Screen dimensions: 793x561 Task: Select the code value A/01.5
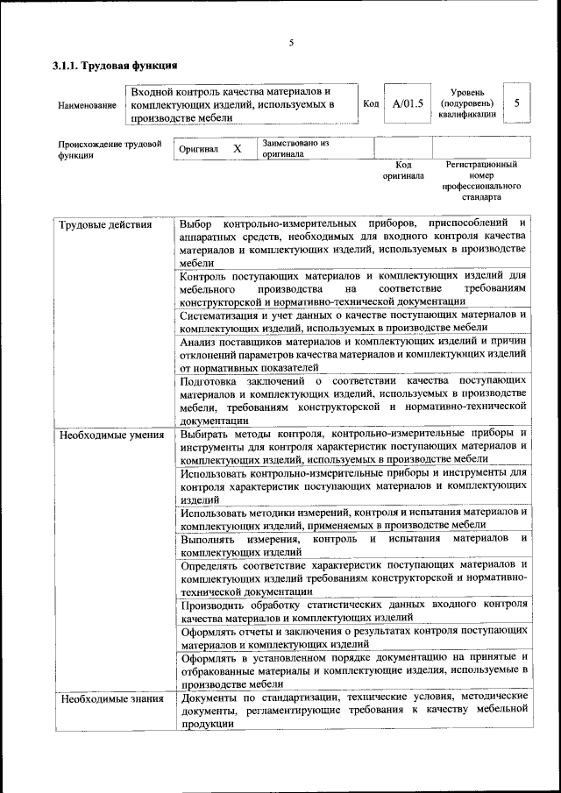coord(408,103)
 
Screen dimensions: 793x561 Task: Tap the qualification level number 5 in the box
coord(517,103)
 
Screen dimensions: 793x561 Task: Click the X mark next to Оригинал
coord(237,149)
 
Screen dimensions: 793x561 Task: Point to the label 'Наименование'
coord(87,105)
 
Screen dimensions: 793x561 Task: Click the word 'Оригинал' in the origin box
coord(198,149)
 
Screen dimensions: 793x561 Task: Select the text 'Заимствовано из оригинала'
coord(295,147)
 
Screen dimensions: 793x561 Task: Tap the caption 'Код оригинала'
coord(403,170)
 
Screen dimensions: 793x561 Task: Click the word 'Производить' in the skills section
coord(214,605)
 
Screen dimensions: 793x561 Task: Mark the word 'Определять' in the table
coord(211,565)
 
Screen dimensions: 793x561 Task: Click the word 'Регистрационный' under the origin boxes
coord(481,164)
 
